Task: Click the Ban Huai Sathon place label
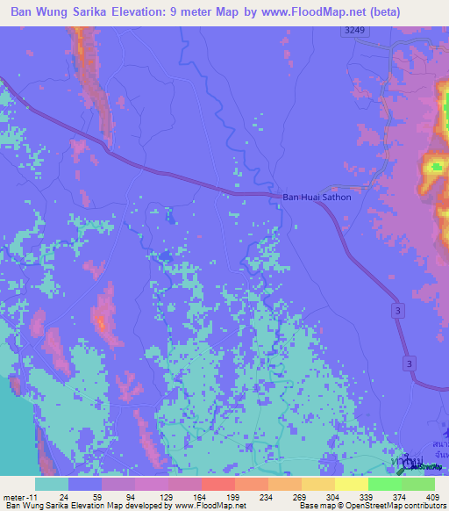click(x=317, y=198)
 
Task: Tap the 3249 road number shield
click(x=353, y=31)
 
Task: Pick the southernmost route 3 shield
click(x=410, y=363)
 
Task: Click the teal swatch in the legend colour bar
click(x=52, y=484)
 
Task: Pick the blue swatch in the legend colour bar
click(x=85, y=484)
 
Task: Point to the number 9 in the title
click(x=190, y=12)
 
